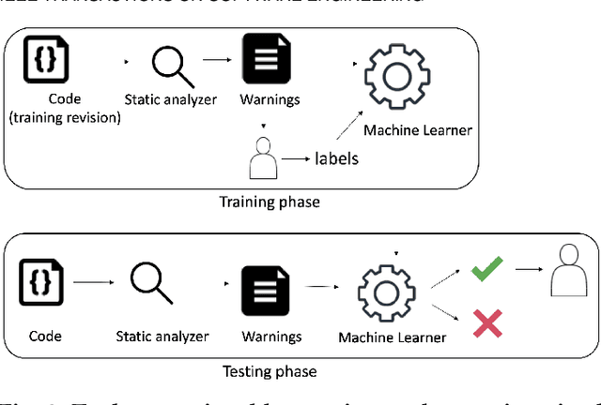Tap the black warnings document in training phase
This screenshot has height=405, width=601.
pos(266,59)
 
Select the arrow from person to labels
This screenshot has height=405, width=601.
pos(297,159)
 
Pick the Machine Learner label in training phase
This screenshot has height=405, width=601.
pos(417,130)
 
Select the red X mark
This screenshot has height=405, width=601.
pos(486,322)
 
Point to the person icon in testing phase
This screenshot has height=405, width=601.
pos(566,273)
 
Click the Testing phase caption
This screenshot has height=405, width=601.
pos(270,371)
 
